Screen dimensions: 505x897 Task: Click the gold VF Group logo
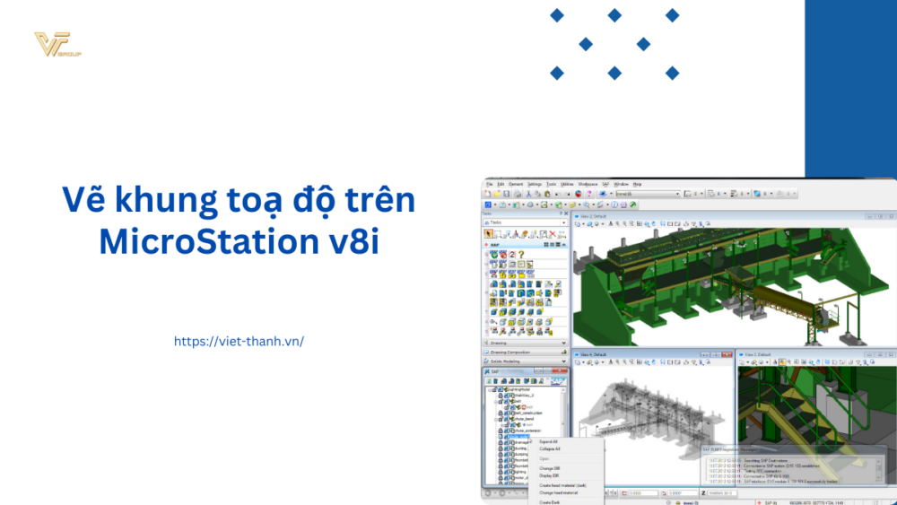(x=56, y=45)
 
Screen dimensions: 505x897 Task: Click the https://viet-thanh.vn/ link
(x=239, y=341)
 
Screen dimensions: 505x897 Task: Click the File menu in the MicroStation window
(x=490, y=183)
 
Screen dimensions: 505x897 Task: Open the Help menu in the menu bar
(x=638, y=183)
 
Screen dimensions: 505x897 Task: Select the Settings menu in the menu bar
(x=535, y=183)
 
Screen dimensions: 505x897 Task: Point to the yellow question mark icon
(x=520, y=255)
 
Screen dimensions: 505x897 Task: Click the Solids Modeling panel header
(x=525, y=361)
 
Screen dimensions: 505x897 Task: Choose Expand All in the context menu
(x=548, y=441)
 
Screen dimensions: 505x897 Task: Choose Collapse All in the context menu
(x=550, y=449)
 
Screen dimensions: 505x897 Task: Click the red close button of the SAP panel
(x=563, y=370)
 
